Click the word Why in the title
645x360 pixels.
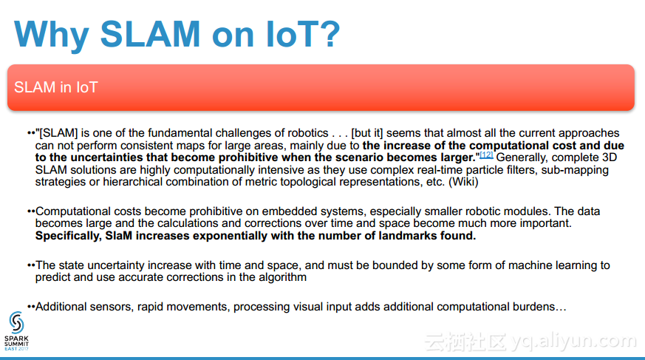(52, 35)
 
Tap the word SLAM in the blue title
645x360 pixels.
(150, 34)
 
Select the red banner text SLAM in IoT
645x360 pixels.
(56, 87)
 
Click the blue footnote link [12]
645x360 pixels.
(486, 155)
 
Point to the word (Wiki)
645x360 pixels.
(463, 182)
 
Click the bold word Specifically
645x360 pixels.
(68, 236)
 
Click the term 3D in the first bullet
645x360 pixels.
(610, 157)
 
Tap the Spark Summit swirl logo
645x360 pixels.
(16, 322)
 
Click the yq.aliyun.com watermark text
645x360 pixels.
(574, 341)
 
